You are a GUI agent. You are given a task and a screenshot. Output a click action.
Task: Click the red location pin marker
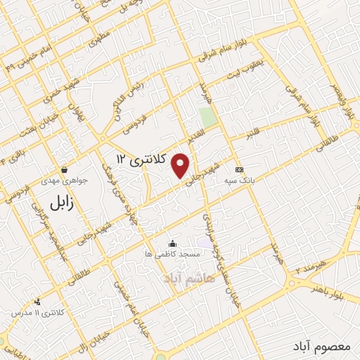pyautogui.click(x=181, y=165)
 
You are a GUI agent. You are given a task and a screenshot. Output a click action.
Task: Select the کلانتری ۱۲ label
pyautogui.click(x=141, y=160)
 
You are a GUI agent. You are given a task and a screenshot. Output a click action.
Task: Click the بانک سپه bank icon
pyautogui.click(x=240, y=169)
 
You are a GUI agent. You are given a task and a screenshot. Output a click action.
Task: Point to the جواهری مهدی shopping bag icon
pyautogui.click(x=64, y=169)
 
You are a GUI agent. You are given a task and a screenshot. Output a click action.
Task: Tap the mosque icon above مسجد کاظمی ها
pyautogui.click(x=172, y=243)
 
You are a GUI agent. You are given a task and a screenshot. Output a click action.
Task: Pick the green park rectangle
pyautogui.click(x=207, y=117)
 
